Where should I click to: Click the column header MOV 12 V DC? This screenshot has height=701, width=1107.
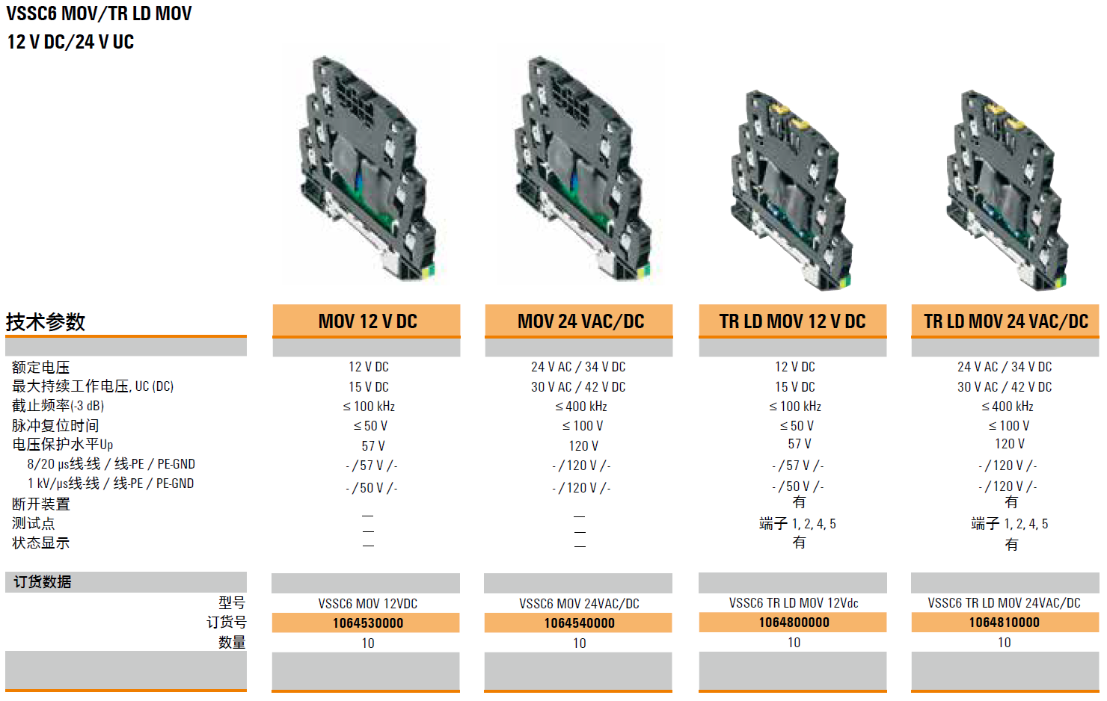[x=367, y=321]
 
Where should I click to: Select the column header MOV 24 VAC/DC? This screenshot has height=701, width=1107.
[x=580, y=321]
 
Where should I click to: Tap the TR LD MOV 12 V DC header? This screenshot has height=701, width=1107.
[x=792, y=321]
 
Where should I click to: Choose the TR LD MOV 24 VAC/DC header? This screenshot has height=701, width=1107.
[x=1005, y=321]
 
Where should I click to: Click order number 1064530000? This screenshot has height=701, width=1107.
[x=367, y=623]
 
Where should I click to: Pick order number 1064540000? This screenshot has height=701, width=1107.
[x=579, y=623]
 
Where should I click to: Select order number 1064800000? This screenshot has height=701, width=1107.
[x=793, y=623]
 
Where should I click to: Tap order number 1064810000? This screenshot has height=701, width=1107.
[x=1004, y=623]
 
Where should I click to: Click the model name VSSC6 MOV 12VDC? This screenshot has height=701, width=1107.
[x=367, y=604]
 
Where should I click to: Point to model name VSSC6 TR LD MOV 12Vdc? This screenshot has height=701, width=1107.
[x=793, y=603]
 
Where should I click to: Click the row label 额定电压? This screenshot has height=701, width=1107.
[x=40, y=368]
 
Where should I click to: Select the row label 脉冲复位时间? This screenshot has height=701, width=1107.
[x=55, y=426]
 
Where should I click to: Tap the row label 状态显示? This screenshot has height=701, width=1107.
[x=40, y=543]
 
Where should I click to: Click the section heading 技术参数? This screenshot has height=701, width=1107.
[x=46, y=322]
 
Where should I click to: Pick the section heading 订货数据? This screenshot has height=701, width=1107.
[x=43, y=582]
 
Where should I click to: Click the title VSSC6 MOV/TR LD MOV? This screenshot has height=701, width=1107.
[x=99, y=14]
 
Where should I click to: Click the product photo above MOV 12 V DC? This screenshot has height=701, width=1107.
[x=367, y=168]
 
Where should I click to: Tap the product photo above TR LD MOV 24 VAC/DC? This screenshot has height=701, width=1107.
[x=1005, y=191]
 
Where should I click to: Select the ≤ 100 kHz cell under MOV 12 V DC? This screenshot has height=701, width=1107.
[x=368, y=407]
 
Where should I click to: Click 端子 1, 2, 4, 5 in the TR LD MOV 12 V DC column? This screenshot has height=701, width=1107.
[x=797, y=524]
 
